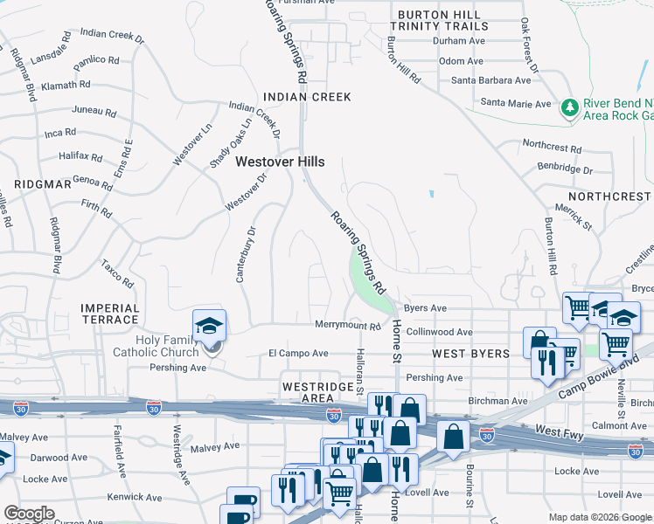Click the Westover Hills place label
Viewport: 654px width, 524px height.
point(280,162)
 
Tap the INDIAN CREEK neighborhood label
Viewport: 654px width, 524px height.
point(308,97)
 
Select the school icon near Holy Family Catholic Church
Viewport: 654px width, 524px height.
point(210,327)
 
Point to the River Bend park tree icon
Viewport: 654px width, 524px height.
point(570,107)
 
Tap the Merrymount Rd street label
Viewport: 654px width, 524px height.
point(348,326)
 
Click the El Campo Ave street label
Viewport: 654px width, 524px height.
point(298,354)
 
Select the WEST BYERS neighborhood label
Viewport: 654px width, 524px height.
point(470,354)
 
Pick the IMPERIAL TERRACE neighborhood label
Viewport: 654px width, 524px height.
point(110,314)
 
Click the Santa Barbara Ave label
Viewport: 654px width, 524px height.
point(491,80)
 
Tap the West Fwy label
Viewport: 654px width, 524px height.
point(560,432)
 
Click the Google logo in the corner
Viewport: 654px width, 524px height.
point(29,514)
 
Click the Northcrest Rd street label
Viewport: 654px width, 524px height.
point(552,147)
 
